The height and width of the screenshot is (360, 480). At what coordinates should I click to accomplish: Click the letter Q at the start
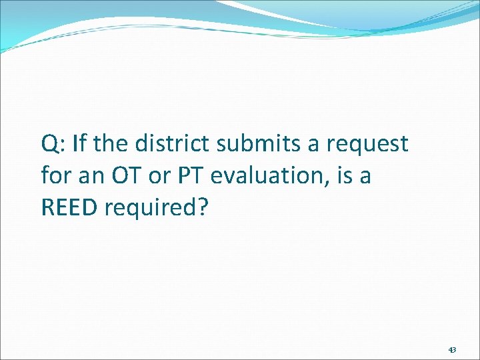49,143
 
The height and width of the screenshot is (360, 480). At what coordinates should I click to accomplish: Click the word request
369,144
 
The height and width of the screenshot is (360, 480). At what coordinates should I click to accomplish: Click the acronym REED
69,209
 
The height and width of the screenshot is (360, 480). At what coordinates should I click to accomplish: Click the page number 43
452,349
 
